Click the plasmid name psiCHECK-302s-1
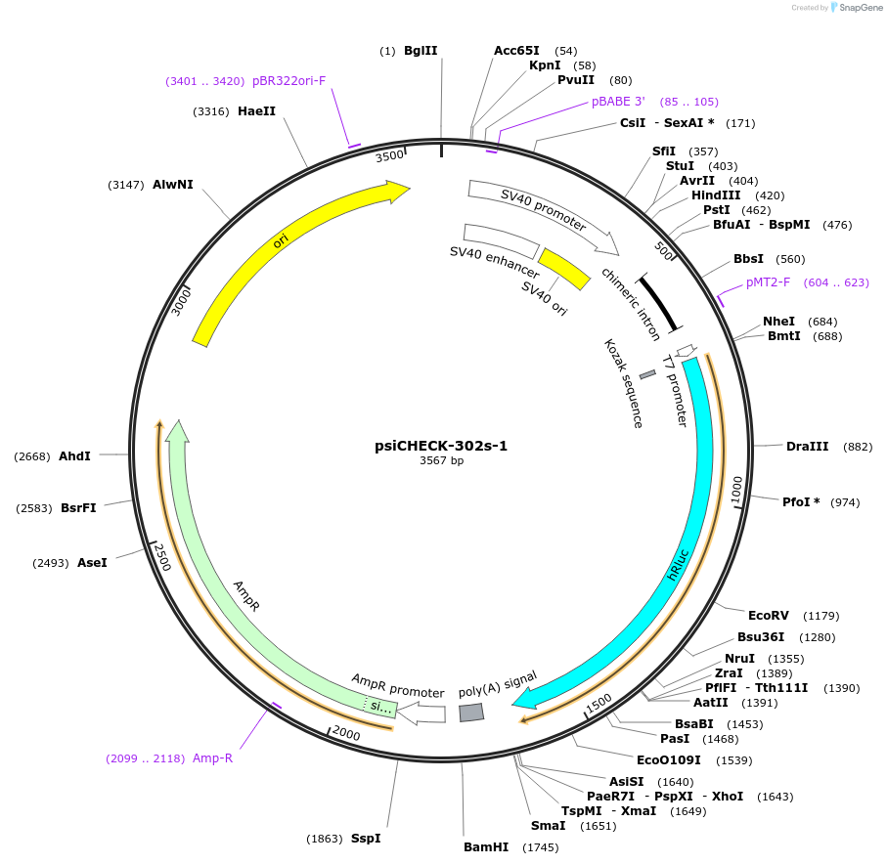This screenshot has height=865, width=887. pos(441,446)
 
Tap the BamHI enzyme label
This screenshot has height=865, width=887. pos(486,847)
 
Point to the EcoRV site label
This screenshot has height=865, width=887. pos(768,616)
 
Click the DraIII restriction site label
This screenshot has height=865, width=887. pos(807,447)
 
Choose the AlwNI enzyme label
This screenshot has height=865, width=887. pos(172,185)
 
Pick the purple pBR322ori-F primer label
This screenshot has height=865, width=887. pos(288,81)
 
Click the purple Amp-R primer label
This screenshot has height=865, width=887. pos(212,757)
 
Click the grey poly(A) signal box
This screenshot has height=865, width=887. pos(471,713)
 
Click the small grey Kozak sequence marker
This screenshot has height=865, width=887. pos(647,374)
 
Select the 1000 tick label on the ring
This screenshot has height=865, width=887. pos(737,488)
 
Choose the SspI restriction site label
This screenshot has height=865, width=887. pos(366,839)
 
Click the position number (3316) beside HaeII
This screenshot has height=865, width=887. pos(211,111)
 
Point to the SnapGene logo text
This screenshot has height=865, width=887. pos(858,8)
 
